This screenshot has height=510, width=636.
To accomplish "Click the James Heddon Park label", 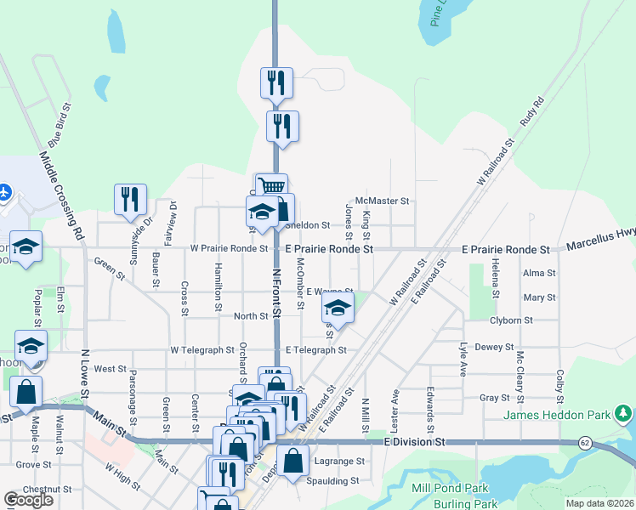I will pyautogui.click(x=559, y=415).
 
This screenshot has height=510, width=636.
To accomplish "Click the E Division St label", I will pyautogui.click(x=415, y=442).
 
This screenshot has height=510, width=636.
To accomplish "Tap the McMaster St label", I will pyautogui.click(x=383, y=201).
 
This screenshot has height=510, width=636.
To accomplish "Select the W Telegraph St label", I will pyautogui.click(x=202, y=349).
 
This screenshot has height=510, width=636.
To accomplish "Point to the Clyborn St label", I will pyautogui.click(x=511, y=320).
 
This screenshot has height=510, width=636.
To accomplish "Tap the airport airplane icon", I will pyautogui.click(x=3, y=193).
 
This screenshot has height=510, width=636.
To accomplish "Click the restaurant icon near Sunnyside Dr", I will pyautogui.click(x=130, y=199).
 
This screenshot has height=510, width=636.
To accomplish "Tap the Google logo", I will pyautogui.click(x=29, y=500).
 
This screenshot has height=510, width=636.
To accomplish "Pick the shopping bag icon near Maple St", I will pyautogui.click(x=26, y=391).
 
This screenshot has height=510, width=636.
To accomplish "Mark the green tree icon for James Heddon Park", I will pyautogui.click(x=625, y=414).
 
